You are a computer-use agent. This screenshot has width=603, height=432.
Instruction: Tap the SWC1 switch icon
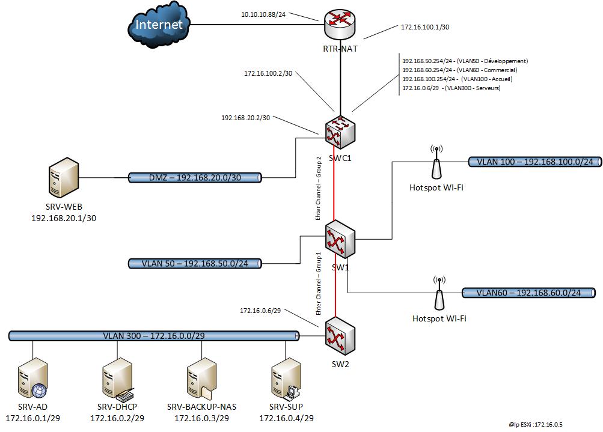[340, 133]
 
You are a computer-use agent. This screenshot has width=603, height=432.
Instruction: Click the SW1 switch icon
[340, 239]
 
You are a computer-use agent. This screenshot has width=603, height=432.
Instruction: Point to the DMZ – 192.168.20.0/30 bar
[195, 178]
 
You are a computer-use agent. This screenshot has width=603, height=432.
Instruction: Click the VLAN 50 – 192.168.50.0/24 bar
[195, 263]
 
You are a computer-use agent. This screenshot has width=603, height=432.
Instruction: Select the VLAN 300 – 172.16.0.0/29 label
[154, 335]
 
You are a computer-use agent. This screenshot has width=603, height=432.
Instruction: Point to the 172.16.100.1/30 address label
[424, 27]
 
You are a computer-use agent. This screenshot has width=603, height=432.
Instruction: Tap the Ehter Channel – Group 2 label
[319, 187]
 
